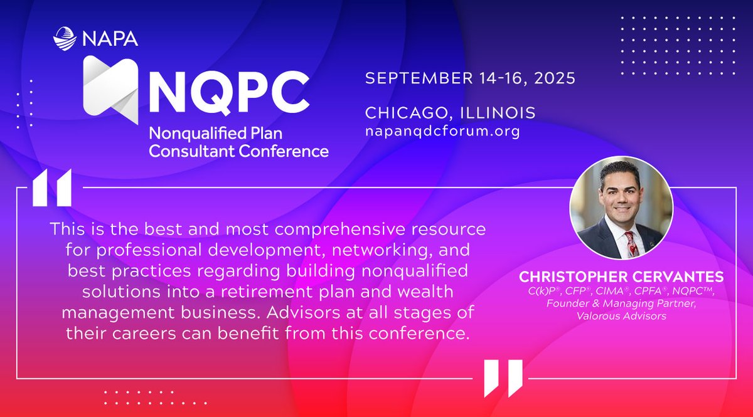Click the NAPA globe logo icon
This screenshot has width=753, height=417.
[65, 38]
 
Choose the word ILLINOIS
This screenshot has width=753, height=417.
[503, 113]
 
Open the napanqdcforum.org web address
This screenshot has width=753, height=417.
[442, 132]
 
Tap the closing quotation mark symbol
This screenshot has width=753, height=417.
[503, 378]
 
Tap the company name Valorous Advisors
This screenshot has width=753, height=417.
[621, 317]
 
